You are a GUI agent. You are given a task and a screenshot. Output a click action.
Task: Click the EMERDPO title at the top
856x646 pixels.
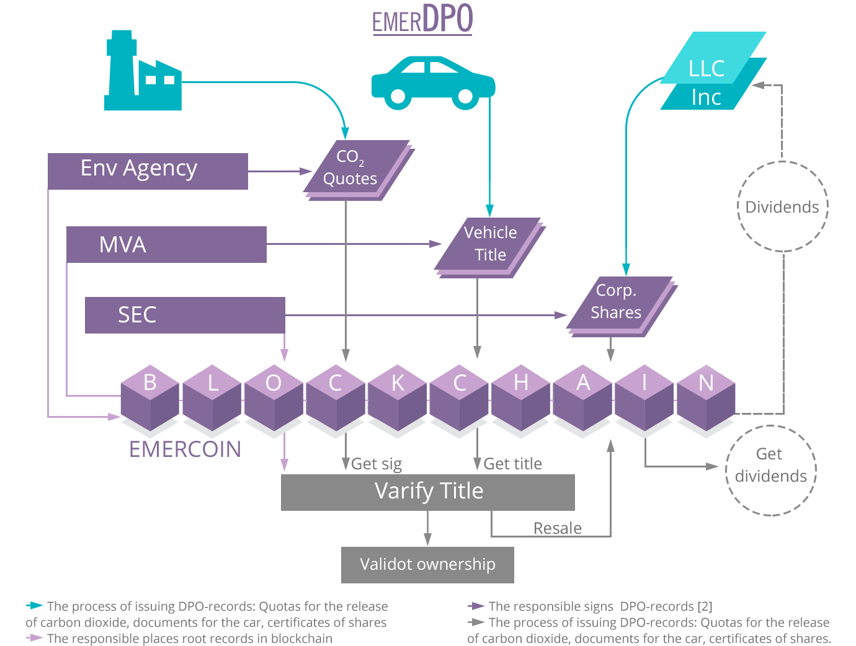tap(423, 19)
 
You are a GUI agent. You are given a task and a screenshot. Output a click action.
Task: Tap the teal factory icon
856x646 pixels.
tap(143, 71)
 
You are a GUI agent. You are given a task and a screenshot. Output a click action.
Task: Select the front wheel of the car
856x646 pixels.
tap(466, 96)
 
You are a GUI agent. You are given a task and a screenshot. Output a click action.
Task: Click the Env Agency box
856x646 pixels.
tap(148, 171)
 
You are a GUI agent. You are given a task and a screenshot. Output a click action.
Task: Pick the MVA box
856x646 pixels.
tap(166, 244)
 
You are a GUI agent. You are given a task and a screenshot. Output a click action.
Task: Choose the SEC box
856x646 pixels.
tap(185, 315)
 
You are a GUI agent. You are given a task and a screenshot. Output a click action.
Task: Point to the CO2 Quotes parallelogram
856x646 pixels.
tap(359, 170)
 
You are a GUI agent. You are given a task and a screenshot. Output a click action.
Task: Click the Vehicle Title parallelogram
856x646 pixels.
tap(490, 247)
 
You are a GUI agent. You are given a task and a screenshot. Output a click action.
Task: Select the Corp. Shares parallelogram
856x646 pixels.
tap(622, 306)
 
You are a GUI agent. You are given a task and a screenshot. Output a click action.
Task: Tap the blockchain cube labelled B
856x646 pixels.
tap(149, 398)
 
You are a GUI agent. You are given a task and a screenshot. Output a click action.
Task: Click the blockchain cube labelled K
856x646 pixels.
tap(397, 398)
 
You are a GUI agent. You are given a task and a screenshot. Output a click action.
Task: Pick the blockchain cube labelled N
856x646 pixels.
tap(706, 398)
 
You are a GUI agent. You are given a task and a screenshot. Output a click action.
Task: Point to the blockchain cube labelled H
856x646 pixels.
tap(520, 398)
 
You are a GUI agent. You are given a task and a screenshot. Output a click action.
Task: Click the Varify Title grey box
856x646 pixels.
tap(428, 492)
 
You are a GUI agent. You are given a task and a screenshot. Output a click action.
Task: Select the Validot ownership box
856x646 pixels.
tap(427, 565)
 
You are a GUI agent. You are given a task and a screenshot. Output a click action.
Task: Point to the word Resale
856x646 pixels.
tap(557, 528)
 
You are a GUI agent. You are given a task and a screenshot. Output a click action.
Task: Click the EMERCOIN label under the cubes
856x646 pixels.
tap(185, 449)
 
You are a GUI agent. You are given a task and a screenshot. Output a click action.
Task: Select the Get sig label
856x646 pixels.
tap(377, 464)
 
